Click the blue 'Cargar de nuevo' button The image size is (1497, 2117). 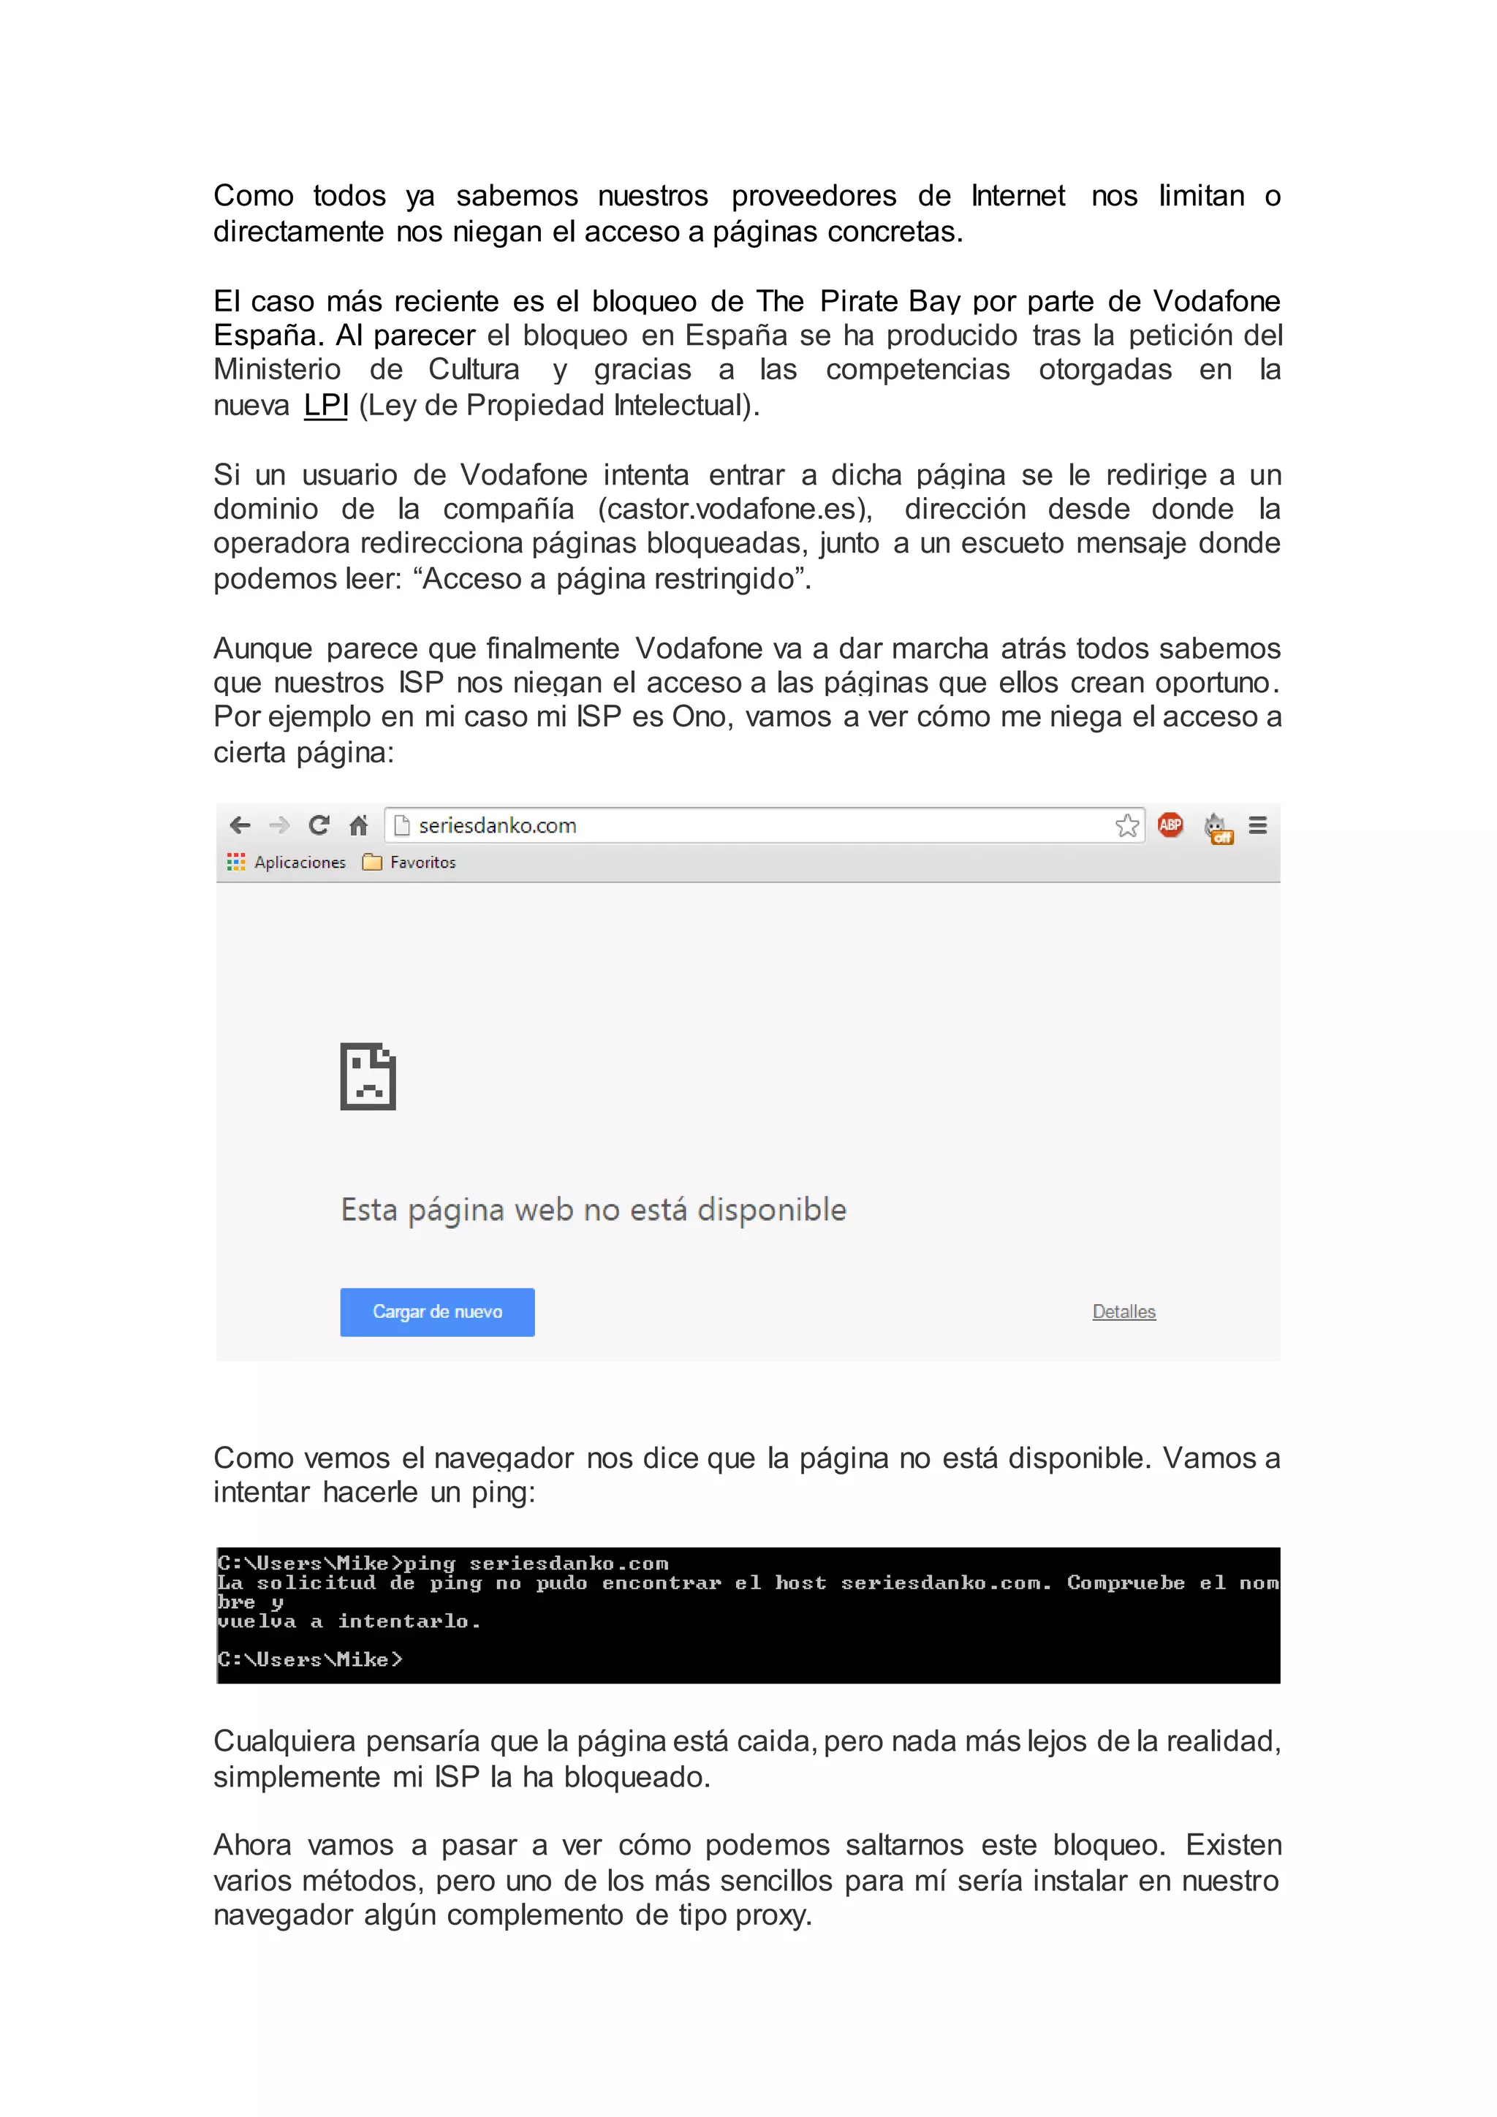(437, 1311)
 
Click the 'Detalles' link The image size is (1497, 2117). (1123, 1311)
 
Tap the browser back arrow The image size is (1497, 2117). (240, 825)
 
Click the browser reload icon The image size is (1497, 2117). (319, 825)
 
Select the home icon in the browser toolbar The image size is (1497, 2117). (359, 825)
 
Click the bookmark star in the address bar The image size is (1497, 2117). (1126, 825)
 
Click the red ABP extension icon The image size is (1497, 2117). (1170, 825)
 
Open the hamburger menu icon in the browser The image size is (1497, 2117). (1257, 825)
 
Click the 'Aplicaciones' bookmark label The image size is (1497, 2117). (300, 862)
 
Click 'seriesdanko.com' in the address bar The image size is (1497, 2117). (497, 825)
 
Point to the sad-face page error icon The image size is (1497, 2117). (368, 1076)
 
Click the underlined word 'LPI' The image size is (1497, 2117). (325, 405)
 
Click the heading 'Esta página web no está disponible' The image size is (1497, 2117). (594, 1209)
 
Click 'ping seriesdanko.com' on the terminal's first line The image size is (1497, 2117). (536, 1563)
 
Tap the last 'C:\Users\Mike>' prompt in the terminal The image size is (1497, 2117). (310, 1659)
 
